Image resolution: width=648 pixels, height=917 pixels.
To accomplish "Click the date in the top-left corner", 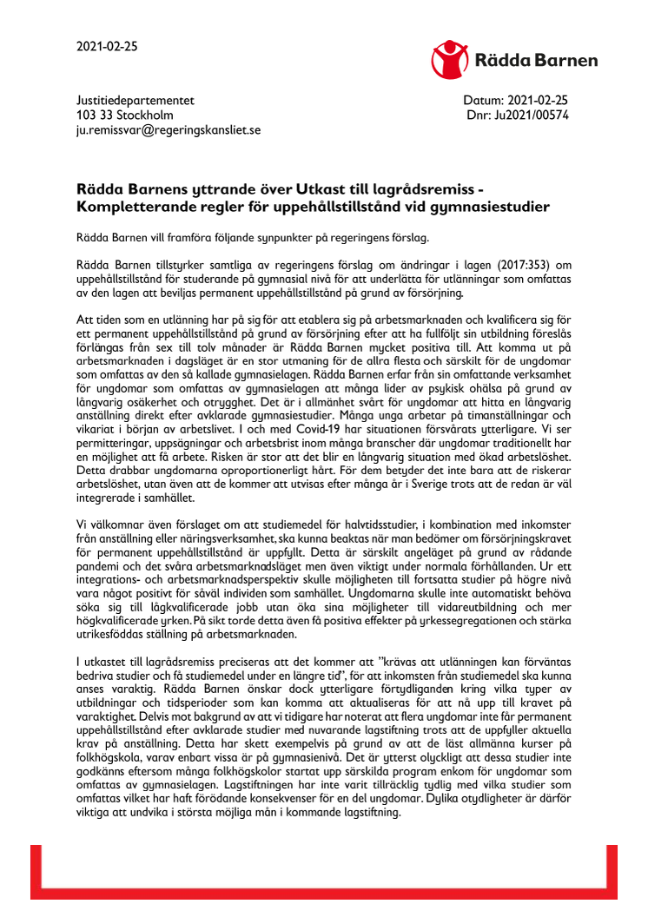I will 107,48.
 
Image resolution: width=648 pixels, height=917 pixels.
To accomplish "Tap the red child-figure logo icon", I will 451,58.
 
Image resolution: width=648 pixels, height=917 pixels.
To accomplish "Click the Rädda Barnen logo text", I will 536,60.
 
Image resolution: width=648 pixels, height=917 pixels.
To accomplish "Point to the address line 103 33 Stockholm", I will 125,115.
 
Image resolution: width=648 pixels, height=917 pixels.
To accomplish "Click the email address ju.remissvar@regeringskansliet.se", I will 169,129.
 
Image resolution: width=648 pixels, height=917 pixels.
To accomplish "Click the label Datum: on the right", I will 484,101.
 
